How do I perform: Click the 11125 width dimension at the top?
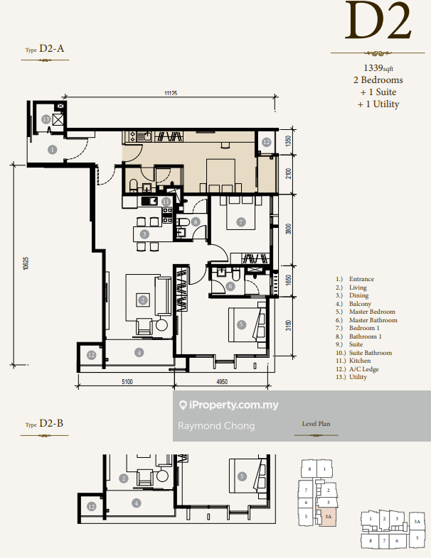[x=171, y=93]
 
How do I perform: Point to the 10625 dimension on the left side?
[x=26, y=263]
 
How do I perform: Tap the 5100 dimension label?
[x=127, y=382]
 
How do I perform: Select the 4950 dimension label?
[x=222, y=382]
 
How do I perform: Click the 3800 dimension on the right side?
[x=289, y=229]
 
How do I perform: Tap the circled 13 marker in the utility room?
[x=46, y=119]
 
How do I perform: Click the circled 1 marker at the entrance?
[x=53, y=150]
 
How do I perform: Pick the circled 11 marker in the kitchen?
[x=166, y=202]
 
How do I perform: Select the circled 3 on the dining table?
[x=144, y=234]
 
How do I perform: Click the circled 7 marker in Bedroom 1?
[x=241, y=222]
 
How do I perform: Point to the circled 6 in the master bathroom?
[x=230, y=286]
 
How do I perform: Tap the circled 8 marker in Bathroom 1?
[x=196, y=222]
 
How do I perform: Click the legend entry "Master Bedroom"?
[x=372, y=312]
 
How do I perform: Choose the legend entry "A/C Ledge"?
[x=363, y=369]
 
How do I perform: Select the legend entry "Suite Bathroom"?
[x=371, y=353]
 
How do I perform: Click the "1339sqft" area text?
[x=378, y=67]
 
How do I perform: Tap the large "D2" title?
[x=378, y=21]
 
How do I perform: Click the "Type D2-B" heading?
[x=44, y=424]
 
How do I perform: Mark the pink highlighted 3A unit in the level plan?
[x=328, y=517]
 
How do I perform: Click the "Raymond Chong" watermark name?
[x=216, y=426]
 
